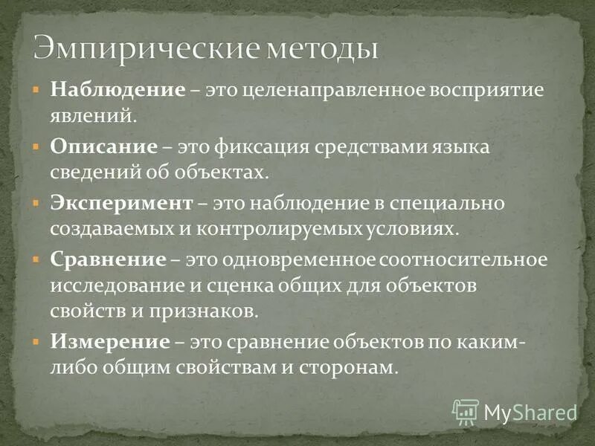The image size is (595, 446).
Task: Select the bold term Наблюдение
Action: click(x=118, y=91)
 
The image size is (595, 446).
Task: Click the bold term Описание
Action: click(x=104, y=146)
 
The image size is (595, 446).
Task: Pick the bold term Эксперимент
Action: click(x=122, y=203)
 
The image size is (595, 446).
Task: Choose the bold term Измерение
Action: click(x=110, y=342)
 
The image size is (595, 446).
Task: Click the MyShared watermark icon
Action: click(x=466, y=412)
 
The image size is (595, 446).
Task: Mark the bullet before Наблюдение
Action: click(x=35, y=88)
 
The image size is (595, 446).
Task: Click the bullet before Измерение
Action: click(x=35, y=340)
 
